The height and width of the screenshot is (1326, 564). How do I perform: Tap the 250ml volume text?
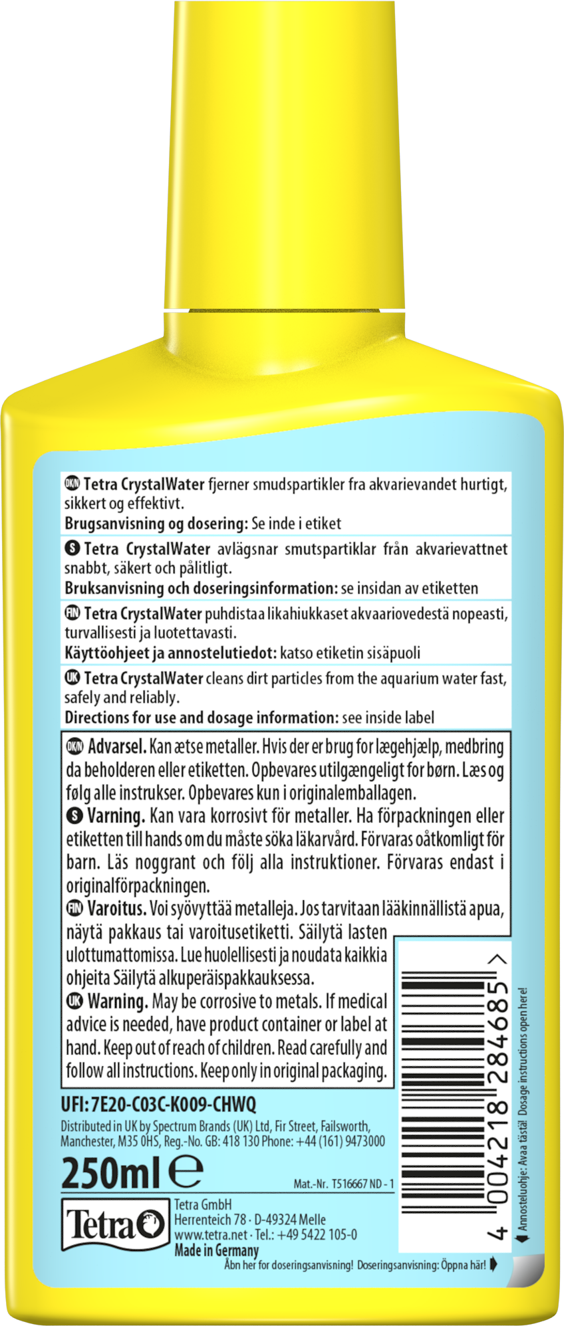[110, 1173]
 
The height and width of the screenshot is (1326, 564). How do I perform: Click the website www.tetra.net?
[211, 1234]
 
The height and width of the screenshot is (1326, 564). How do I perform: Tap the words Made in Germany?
[216, 1250]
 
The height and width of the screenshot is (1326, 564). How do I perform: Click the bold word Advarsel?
[117, 746]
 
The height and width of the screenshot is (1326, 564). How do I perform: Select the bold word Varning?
[116, 816]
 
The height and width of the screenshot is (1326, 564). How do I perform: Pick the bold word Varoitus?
[117, 908]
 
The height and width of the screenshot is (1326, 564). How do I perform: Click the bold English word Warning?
[118, 1001]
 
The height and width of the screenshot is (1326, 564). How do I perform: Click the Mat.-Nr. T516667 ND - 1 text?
[343, 1184]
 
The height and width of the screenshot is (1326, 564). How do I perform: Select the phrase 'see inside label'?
[388, 718]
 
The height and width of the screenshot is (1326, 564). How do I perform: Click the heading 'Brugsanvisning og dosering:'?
[156, 524]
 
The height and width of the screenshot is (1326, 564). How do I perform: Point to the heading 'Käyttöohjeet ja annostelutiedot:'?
[170, 653]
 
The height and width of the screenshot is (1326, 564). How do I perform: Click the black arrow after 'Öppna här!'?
[493, 1264]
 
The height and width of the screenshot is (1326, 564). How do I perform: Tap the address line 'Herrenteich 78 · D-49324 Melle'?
[250, 1220]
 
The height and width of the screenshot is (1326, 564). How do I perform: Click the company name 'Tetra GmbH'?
[203, 1204]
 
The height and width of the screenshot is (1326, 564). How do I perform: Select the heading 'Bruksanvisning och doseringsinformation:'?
[202, 588]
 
